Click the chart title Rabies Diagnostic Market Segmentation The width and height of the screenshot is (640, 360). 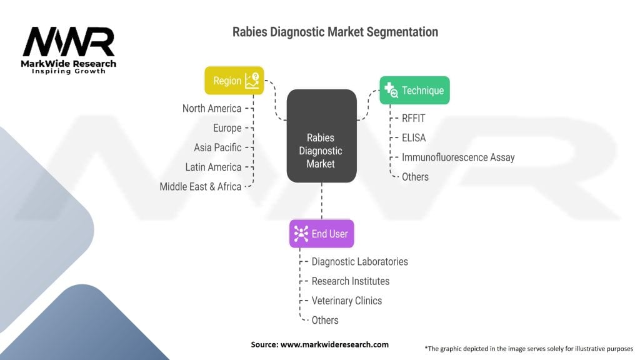[335, 32]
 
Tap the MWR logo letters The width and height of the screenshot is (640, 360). [69, 42]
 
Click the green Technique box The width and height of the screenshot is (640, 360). [414, 91]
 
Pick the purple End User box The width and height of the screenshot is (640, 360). [321, 234]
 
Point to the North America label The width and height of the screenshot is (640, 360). [211, 109]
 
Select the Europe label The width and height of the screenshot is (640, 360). [227, 128]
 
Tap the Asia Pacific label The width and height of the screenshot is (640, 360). [217, 147]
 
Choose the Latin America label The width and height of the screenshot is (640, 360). [213, 167]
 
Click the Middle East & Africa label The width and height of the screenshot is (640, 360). [200, 186]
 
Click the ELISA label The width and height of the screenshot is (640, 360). [414, 137]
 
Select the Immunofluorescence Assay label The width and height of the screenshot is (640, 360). [458, 157]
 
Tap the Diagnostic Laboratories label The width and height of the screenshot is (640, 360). [359, 262]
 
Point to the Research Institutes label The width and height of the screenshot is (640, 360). [350, 281]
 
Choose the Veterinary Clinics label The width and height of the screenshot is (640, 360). [346, 301]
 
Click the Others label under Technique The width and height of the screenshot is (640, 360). [415, 177]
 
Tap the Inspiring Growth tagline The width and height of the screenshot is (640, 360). [69, 71]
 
